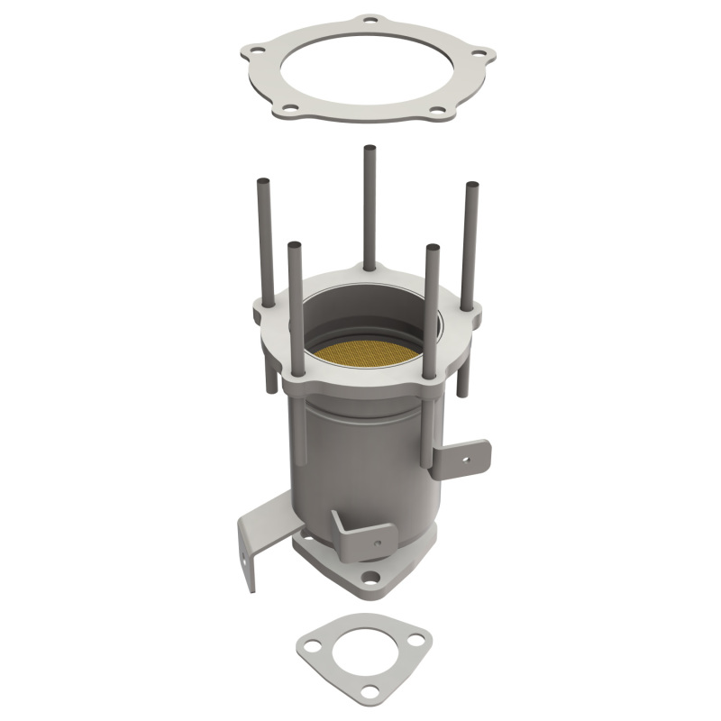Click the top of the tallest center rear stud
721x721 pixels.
[x=369, y=149]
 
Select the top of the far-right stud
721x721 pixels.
[x=471, y=187]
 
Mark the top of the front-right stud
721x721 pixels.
[x=433, y=247]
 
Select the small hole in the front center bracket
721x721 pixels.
[x=377, y=542]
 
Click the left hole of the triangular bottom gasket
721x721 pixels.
[x=311, y=645]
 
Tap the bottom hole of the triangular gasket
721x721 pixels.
[x=370, y=690]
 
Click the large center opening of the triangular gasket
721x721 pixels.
[x=364, y=652]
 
